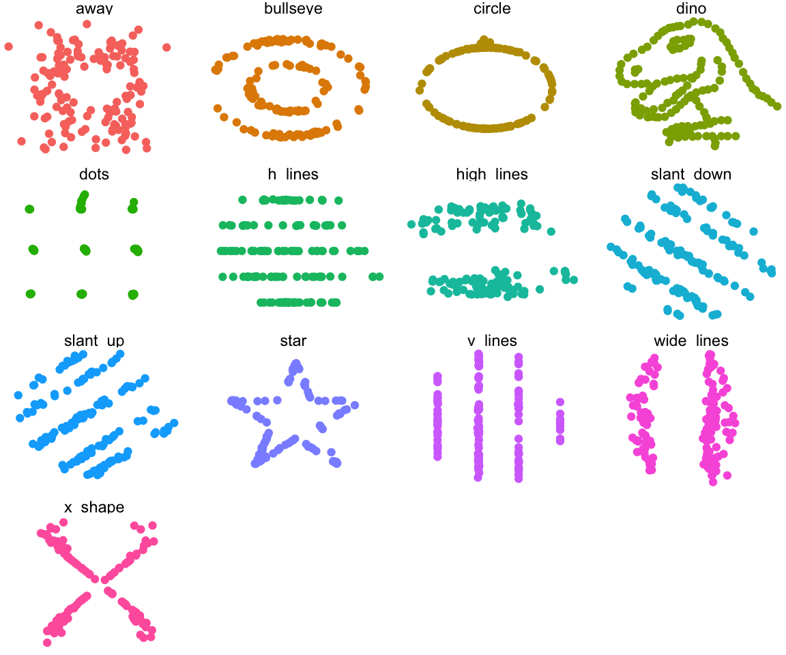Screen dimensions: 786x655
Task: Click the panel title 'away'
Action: click(94, 8)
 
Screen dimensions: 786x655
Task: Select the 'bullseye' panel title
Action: click(293, 8)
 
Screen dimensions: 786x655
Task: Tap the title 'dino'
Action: click(690, 8)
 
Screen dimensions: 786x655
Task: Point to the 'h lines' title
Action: click(293, 174)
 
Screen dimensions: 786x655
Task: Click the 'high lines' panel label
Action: click(492, 174)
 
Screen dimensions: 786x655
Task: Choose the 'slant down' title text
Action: click(690, 174)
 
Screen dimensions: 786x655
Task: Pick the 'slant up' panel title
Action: click(94, 340)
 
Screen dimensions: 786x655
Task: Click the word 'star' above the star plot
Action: click(293, 340)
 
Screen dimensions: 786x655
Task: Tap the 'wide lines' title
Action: click(690, 340)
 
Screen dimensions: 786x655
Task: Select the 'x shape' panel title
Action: click(94, 507)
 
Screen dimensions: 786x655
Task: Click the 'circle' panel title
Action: click(492, 8)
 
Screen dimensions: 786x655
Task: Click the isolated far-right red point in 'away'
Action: click(166, 47)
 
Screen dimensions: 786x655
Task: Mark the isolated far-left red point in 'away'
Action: click(8, 46)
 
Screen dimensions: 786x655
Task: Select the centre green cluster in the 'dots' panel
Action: click(85, 250)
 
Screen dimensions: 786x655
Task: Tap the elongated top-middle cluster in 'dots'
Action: click(82, 202)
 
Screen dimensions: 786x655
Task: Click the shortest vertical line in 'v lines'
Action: click(560, 421)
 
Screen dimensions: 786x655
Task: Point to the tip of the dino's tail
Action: click(777, 106)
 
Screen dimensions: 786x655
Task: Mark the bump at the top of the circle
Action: click(484, 40)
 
